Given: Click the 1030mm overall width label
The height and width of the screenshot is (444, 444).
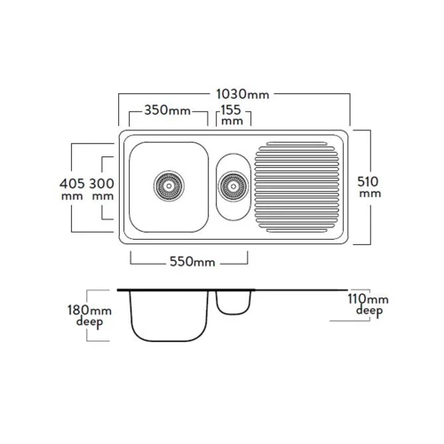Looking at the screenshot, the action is [x=242, y=94].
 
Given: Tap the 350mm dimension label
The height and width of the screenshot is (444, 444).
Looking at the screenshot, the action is [x=167, y=110].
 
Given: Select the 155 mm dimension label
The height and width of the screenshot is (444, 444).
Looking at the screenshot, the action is [x=232, y=115].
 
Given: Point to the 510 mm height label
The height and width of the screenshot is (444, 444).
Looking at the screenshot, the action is [x=369, y=186].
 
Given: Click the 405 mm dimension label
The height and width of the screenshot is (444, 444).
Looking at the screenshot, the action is [x=72, y=189].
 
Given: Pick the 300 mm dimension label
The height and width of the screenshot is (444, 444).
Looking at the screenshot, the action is [x=101, y=189].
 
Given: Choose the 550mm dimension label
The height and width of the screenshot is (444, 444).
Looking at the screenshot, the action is [x=193, y=262].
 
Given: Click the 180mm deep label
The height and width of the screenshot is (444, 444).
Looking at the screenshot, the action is [x=90, y=316].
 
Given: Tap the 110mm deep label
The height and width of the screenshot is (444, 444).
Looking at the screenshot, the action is [x=368, y=305].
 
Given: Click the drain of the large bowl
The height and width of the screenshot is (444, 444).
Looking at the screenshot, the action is [x=169, y=186].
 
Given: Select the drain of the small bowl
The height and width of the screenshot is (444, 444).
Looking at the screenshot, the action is [x=234, y=186].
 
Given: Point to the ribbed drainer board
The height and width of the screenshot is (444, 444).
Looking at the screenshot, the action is [x=297, y=186].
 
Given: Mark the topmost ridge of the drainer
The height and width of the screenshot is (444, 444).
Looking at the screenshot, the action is [x=297, y=144].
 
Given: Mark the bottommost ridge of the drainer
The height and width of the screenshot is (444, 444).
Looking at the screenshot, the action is [x=297, y=231].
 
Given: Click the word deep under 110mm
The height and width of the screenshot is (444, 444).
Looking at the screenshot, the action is [x=369, y=312].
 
